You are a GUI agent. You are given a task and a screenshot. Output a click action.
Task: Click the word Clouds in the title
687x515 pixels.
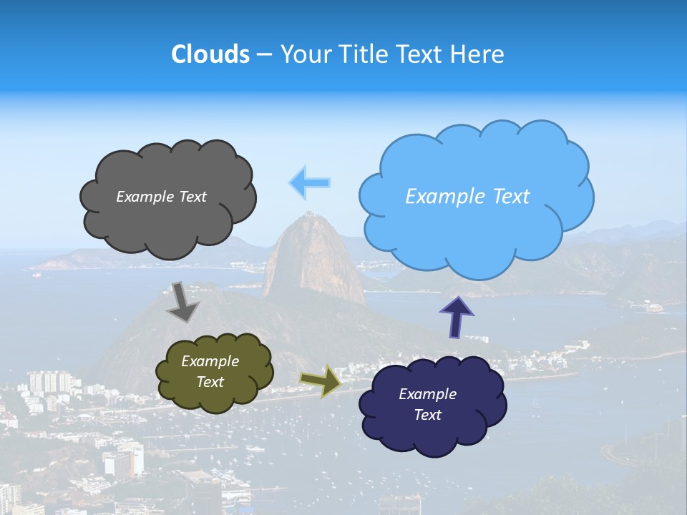[x=210, y=54]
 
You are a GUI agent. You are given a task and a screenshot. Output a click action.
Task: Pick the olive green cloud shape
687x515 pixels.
[x=215, y=398]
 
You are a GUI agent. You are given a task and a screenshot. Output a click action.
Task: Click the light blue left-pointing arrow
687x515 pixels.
[x=309, y=182]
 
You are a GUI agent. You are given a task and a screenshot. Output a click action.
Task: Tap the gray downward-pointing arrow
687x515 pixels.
[x=182, y=301]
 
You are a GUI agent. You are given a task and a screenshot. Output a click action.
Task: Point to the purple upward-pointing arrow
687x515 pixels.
[x=456, y=317]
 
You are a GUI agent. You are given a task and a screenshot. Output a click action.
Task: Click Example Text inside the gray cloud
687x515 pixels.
[x=161, y=197]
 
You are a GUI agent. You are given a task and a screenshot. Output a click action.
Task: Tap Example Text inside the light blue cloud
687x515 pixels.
[x=467, y=197]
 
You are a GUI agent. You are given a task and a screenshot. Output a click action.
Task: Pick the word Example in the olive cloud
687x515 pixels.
[x=210, y=362]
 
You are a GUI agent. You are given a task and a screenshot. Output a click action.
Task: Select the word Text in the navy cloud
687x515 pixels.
[x=427, y=415]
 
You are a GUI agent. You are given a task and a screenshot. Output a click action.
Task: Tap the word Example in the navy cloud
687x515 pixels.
[x=427, y=394]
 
